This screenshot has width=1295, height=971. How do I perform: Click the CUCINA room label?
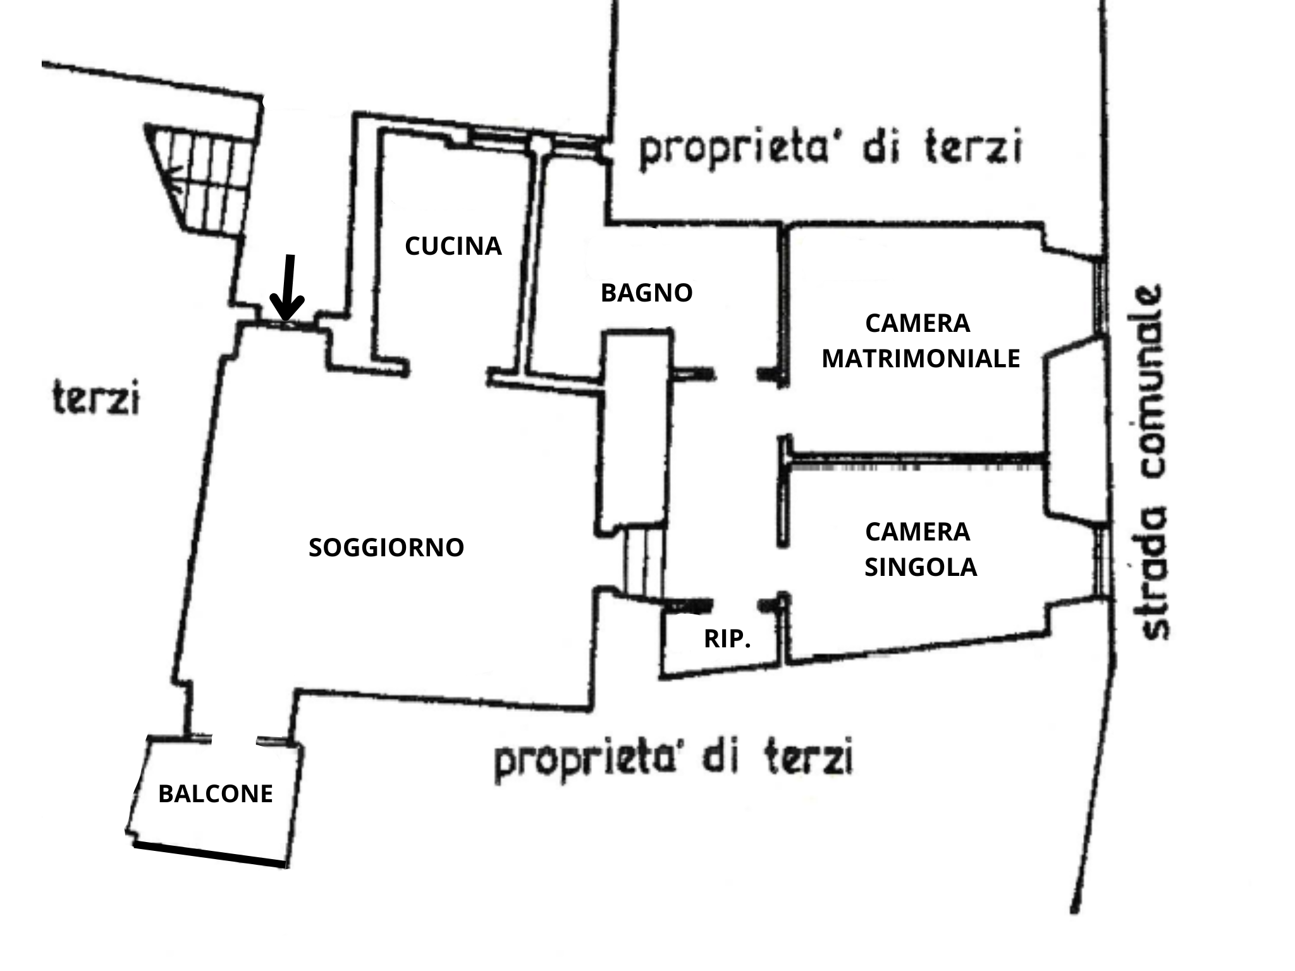pos(453,246)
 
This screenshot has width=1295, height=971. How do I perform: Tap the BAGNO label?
pos(646,293)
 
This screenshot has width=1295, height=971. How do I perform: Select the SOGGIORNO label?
pos(386,547)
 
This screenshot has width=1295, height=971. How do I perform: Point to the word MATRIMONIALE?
pos(921,358)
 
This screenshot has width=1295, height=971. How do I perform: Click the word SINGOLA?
pos(921,567)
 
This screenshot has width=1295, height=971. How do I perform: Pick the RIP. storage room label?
pos(727,639)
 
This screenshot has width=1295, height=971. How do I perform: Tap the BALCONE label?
pos(215,793)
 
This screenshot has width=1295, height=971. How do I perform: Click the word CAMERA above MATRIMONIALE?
pos(918,323)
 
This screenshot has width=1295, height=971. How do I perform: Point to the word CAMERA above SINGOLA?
pos(918,532)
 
